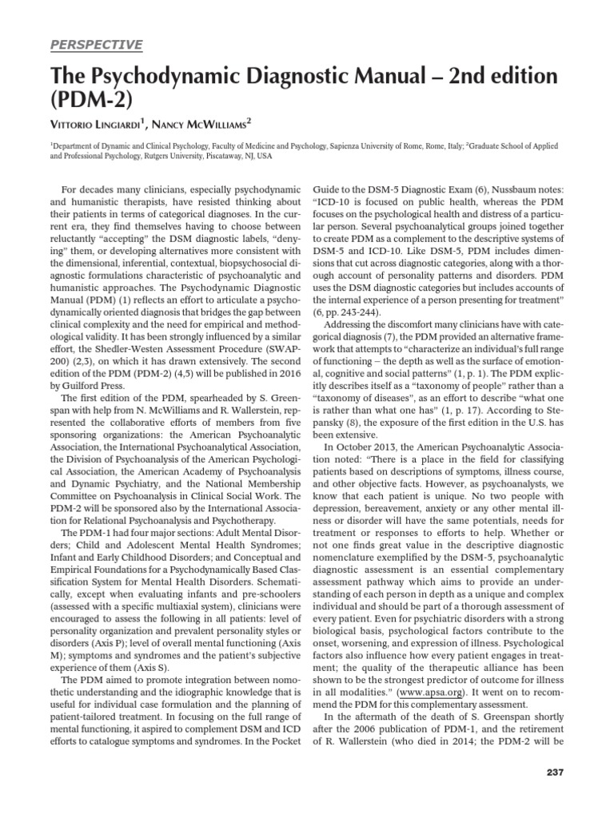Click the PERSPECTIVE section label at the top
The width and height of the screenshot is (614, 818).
tap(97, 45)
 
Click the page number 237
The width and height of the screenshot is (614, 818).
tap(552, 772)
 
